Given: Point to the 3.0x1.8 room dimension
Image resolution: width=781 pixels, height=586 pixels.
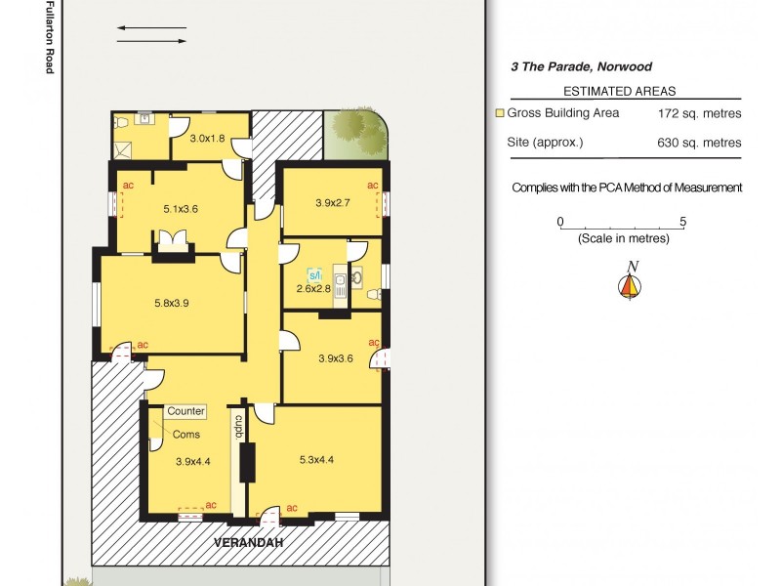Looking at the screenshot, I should [x=207, y=139].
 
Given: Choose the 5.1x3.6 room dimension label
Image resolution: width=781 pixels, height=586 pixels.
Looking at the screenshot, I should [x=181, y=208].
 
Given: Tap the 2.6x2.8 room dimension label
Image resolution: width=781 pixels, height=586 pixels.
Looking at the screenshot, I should [x=314, y=288].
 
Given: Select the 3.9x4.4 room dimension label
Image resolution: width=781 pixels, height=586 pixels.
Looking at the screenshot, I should [x=193, y=462].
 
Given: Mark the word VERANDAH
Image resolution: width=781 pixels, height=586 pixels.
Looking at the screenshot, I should [x=244, y=542].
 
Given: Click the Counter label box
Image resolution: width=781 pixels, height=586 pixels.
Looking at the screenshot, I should [x=185, y=412].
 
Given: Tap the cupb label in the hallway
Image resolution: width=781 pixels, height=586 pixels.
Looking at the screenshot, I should [x=237, y=430].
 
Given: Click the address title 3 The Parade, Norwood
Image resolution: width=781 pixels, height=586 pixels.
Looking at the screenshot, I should [x=581, y=67].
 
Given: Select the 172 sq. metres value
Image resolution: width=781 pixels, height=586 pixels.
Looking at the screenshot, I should [x=699, y=113].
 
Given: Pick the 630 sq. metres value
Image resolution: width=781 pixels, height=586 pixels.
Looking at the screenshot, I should [x=699, y=143].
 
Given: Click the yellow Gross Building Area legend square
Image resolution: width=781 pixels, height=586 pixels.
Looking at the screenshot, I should [x=500, y=113].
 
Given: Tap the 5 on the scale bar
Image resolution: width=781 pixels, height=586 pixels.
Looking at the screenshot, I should [x=682, y=222].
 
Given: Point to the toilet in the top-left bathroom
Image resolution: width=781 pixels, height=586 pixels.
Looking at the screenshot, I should [x=122, y=123].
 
